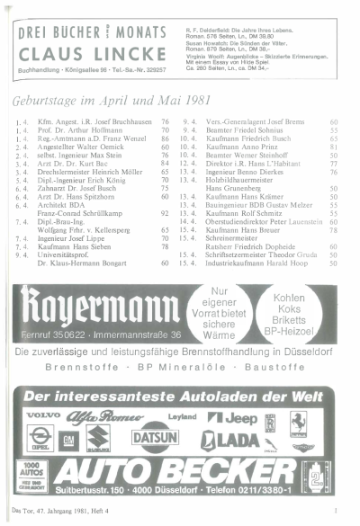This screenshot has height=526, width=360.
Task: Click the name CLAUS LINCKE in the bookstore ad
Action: (91, 51)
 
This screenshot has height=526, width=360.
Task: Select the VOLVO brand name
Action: (42, 415)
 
